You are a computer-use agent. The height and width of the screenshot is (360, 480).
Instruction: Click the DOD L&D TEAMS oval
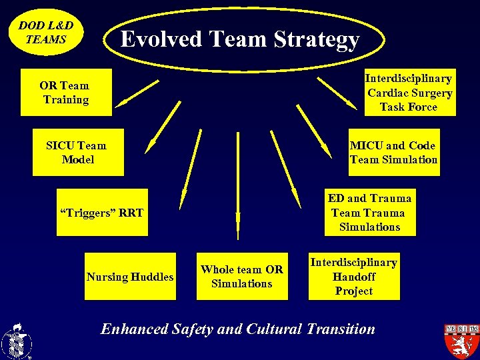point(46,32)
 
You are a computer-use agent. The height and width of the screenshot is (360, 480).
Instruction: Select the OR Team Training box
point(65,92)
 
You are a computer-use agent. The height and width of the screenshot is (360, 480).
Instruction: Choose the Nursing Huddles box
point(130,277)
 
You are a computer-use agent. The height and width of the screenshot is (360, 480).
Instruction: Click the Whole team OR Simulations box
point(241,277)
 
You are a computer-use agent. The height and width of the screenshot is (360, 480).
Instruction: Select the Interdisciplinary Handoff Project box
point(354,277)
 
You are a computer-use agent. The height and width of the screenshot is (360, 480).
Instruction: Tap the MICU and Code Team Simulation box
point(394,153)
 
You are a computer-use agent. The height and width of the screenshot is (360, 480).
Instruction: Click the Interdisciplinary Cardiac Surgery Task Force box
point(409,93)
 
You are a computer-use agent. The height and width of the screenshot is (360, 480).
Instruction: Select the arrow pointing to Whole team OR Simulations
point(237,187)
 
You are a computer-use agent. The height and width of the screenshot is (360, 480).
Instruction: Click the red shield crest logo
point(461,340)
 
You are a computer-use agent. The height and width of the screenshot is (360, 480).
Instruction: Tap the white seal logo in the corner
point(16,341)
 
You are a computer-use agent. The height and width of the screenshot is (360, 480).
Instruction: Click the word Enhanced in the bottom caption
point(133,329)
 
